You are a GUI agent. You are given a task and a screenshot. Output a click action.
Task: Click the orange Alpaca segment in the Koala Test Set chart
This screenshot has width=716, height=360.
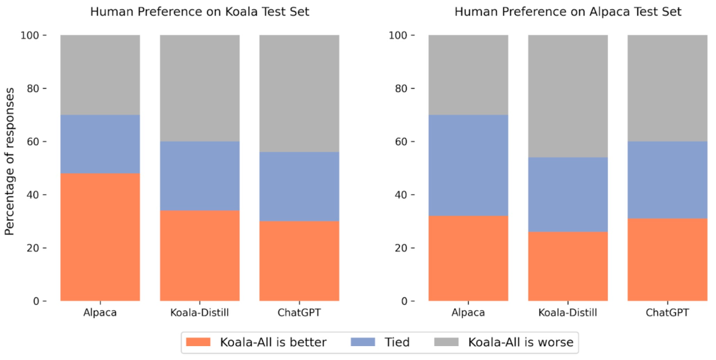(100, 237)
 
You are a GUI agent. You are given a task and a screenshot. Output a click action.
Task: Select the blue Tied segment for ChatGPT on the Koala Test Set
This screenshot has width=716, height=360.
(299, 186)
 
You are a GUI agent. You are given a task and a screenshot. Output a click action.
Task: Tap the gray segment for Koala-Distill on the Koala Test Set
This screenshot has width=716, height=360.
(200, 88)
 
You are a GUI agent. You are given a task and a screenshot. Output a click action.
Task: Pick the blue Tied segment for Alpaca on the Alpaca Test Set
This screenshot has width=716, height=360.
(468, 165)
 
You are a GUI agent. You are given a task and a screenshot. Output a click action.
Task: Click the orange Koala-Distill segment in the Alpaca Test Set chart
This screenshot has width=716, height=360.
(567, 266)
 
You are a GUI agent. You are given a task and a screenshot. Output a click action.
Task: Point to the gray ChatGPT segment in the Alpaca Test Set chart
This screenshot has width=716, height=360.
(667, 88)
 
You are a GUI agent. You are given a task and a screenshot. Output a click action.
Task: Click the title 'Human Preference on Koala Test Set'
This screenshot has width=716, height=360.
(200, 12)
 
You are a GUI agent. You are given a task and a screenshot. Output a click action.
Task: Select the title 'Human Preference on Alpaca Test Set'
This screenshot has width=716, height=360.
(567, 12)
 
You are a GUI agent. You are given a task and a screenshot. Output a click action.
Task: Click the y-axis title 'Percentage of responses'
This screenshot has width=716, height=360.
(10, 168)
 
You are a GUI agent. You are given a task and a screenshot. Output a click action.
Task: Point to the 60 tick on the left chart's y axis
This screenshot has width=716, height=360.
(34, 142)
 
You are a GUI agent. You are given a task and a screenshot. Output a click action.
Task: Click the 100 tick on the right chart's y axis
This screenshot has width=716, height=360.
(398, 35)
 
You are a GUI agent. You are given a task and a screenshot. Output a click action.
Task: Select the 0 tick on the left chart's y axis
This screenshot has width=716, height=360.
(38, 301)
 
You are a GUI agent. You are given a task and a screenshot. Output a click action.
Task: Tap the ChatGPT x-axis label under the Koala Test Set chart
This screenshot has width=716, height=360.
(299, 312)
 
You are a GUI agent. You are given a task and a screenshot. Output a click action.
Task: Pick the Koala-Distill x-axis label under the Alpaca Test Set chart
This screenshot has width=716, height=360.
(567, 312)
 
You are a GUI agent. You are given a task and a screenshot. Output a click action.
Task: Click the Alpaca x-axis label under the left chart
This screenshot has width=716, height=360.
(100, 312)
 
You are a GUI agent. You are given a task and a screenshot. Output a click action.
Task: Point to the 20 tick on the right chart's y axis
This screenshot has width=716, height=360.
(402, 248)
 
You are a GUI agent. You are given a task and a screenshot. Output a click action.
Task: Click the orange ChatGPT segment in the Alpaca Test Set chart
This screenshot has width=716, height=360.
(667, 259)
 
